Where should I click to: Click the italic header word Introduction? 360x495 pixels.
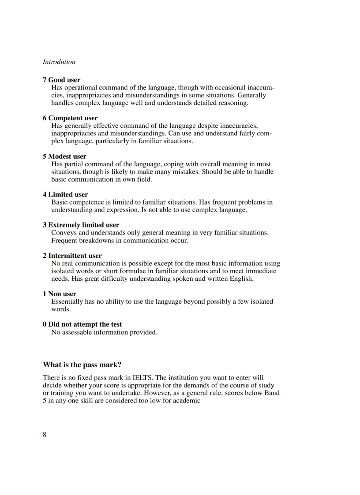[59, 62]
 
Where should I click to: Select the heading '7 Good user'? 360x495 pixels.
[61, 80]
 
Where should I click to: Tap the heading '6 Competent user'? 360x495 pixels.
[70, 118]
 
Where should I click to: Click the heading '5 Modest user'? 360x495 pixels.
[64, 156]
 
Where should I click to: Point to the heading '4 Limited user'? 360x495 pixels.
[65, 194]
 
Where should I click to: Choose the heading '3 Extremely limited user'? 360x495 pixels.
[81, 225]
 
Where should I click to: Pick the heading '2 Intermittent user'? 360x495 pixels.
[72, 256]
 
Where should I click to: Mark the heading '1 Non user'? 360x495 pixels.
[59, 294]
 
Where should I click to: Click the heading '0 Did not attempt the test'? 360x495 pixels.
[82, 324]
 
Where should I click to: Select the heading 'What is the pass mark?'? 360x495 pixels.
[82, 365]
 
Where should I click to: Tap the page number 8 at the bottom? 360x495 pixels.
[45, 435]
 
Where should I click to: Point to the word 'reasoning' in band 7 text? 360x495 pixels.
[234, 103]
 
